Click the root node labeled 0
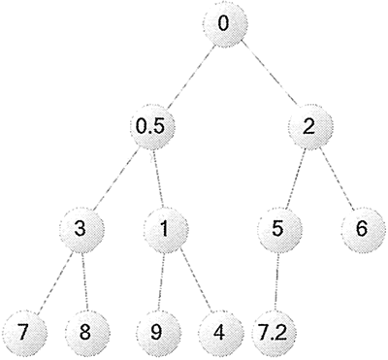[224, 23]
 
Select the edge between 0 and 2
[266, 74]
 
